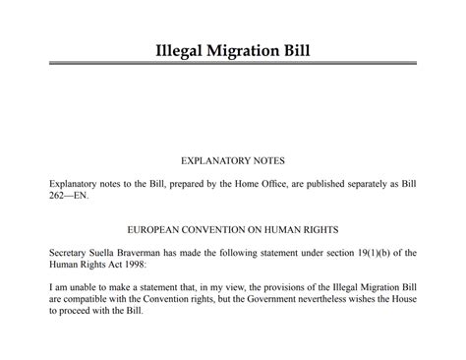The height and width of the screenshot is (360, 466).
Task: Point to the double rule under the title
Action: pyautogui.click(x=232, y=64)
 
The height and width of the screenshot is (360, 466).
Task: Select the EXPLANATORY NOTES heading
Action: pyautogui.click(x=232, y=158)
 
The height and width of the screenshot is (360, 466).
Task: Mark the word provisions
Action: pyautogui.click(x=292, y=289)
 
